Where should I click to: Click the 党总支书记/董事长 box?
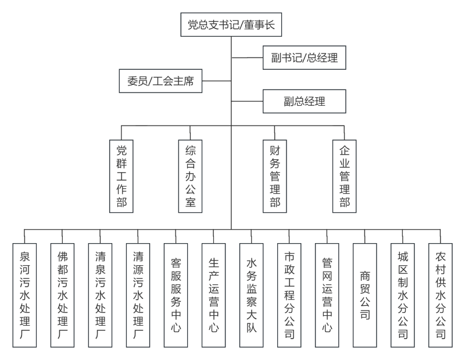pyautogui.click(x=231, y=24)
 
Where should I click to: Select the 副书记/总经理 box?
pyautogui.click(x=304, y=58)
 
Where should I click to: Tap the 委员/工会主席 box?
pyautogui.click(x=160, y=81)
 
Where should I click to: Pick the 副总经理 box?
pyautogui.click(x=304, y=101)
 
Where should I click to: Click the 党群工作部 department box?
pyautogui.click(x=121, y=176)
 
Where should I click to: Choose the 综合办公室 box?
pyautogui.click(x=190, y=176)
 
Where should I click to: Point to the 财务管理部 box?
pyautogui.click(x=274, y=176)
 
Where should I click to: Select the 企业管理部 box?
pyautogui.click(x=344, y=176)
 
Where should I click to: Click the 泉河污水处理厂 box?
pyautogui.click(x=24, y=295)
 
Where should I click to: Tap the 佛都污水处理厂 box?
pyautogui.click(x=62, y=295)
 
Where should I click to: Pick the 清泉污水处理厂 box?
pyautogui.click(x=100, y=295)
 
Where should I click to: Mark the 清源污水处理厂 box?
pyautogui.click(x=138, y=295)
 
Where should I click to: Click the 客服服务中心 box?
pyautogui.click(x=176, y=295)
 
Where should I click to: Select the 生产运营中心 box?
pyautogui.click(x=213, y=295)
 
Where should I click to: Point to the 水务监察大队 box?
pyautogui.click(x=252, y=295)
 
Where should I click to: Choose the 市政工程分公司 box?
pyautogui.click(x=289, y=295)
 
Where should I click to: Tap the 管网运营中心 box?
pyautogui.click(x=327, y=295)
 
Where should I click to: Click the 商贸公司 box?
pyautogui.click(x=365, y=295)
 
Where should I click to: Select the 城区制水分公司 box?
pyautogui.click(x=403, y=295)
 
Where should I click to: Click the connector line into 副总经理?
pyautogui.click(x=247, y=101)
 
